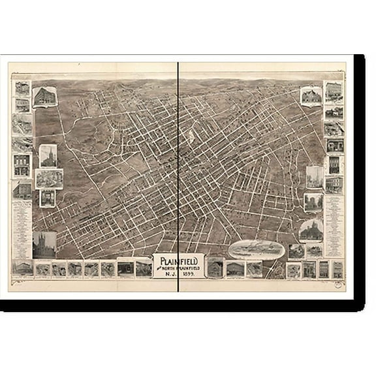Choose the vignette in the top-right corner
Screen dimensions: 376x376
(x=334, y=90)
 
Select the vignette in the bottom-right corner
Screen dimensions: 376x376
(x=338, y=268)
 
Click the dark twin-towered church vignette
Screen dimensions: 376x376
(x=44, y=245)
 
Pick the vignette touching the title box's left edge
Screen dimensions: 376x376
(x=144, y=268)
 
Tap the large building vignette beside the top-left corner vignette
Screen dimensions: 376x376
(x=44, y=98)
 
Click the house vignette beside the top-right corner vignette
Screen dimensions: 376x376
(x=311, y=95)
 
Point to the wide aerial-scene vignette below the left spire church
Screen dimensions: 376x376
(x=49, y=178)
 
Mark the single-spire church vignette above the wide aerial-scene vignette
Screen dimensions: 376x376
(x=48, y=155)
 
